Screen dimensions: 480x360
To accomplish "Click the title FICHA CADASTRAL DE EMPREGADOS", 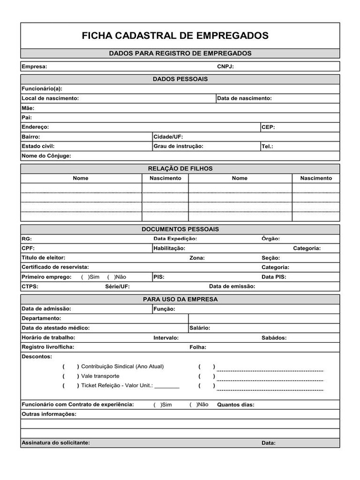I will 175,36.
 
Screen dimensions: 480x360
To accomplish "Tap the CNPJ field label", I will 225,67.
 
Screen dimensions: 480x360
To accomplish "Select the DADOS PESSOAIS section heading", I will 180,79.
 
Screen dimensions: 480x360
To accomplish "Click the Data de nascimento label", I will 244,98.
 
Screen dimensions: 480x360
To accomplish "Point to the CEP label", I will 268,127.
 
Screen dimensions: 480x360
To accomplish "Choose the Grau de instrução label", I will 178,146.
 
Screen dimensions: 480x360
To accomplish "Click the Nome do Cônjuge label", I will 46,156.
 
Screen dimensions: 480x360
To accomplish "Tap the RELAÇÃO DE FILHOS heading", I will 180,168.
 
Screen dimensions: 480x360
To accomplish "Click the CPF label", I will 28,248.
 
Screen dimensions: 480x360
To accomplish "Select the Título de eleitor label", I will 44,258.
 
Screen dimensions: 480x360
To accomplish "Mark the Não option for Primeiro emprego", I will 110,277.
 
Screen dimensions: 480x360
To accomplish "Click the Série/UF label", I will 118,286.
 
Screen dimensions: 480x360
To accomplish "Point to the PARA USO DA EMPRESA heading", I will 180,299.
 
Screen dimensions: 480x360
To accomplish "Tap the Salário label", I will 200,328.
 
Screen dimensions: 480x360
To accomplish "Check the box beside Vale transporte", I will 71,376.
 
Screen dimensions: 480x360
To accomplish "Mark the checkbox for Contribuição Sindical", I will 71,367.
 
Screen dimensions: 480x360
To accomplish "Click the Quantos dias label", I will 235,405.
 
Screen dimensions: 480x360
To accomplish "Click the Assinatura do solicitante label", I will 56,443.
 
